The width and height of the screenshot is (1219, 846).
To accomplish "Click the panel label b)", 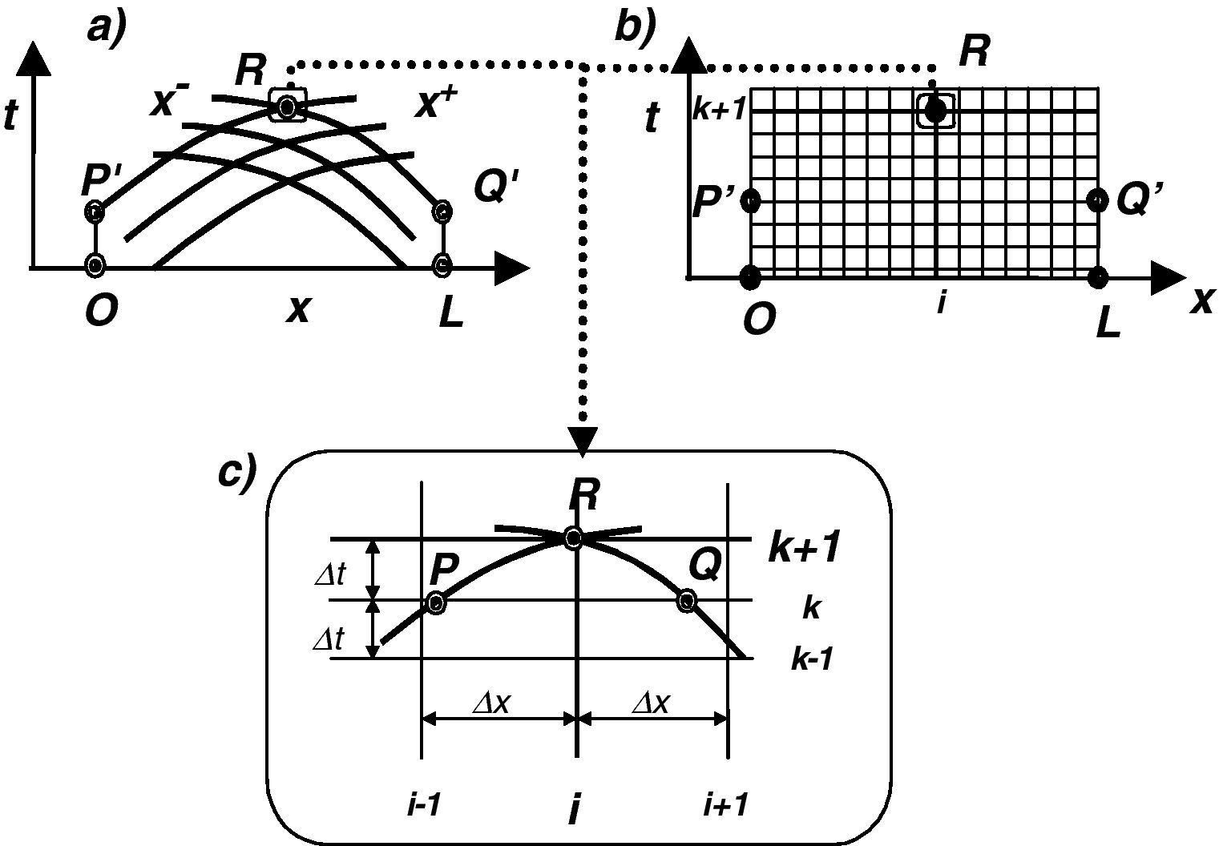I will coord(634,27).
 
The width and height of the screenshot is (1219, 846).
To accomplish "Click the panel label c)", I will coord(237,473).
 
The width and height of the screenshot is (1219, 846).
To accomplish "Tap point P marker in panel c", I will coord(435,602).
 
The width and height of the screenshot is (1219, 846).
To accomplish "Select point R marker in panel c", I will coord(573,538).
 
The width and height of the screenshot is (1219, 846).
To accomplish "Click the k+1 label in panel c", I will coord(803,549).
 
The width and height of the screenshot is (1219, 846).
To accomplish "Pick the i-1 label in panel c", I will coord(422,805).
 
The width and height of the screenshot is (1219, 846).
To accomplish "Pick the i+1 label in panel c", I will coord(725,805).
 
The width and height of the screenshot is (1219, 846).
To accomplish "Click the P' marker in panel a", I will coord(95,212).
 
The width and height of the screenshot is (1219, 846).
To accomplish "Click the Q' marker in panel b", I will coord(1099,200).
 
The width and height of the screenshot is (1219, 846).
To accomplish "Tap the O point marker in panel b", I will coord(750,278).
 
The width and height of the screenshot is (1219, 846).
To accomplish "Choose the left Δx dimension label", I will coord(491,703).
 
